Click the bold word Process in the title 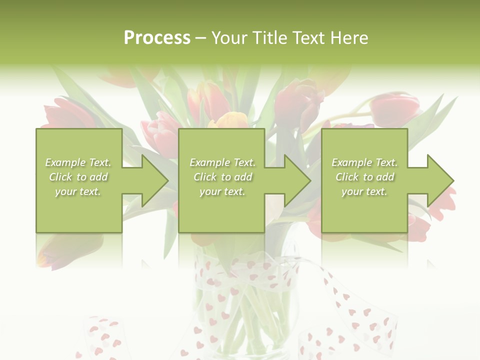pyautogui.click(x=157, y=38)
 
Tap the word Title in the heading pyautogui.click(x=269, y=38)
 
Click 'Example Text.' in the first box pyautogui.click(x=78, y=162)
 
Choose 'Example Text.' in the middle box pyautogui.click(x=222, y=162)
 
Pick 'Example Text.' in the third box pyautogui.click(x=364, y=162)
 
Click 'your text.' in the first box pyautogui.click(x=78, y=191)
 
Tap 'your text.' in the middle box pyautogui.click(x=222, y=191)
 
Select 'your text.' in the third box pyautogui.click(x=364, y=191)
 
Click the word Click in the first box pyautogui.click(x=60, y=177)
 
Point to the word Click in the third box pyautogui.click(x=347, y=177)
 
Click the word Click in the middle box pyautogui.click(x=205, y=177)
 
